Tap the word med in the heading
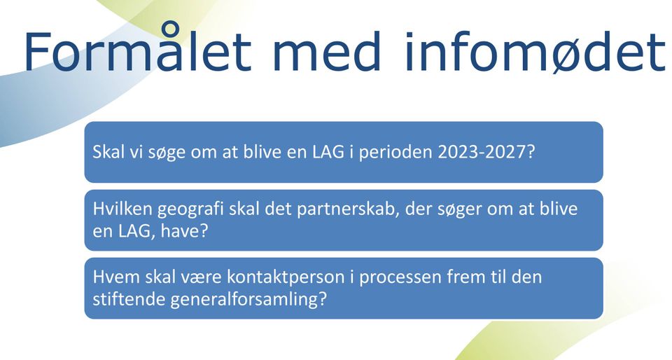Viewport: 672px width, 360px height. click(x=327, y=51)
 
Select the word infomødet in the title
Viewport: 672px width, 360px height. click(x=535, y=51)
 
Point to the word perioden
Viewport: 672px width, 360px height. click(x=395, y=153)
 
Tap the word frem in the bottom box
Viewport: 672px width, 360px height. click(x=465, y=277)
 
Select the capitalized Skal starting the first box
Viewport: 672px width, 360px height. click(x=108, y=152)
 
